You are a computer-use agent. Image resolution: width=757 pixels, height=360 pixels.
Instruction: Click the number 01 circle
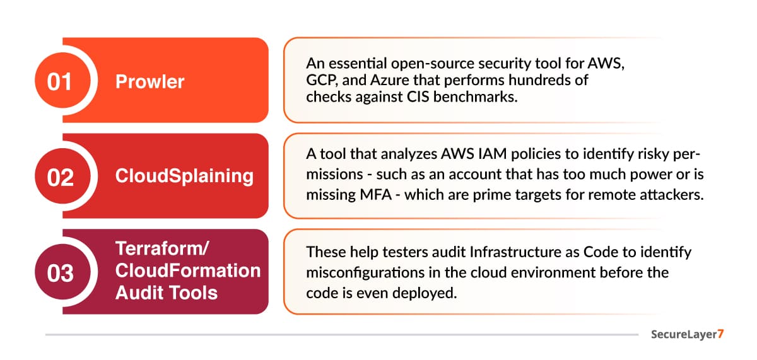point(63,80)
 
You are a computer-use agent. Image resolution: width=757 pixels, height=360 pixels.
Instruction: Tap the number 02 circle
point(63,176)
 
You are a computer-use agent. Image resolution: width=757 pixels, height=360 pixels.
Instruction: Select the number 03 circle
point(63,272)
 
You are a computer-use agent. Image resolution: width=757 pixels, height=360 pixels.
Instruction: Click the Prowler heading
point(150,81)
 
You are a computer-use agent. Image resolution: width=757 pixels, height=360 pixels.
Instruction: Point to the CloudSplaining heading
point(184,176)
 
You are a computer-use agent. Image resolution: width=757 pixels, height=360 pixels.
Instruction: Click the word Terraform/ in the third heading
point(162,248)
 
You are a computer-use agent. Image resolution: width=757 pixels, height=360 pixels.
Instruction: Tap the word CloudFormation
point(188,270)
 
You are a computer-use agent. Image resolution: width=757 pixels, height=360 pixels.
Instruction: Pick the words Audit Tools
point(167,293)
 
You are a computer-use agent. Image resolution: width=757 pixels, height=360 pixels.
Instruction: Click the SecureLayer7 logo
point(687,334)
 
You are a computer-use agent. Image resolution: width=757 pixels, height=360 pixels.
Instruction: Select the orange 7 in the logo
point(720,334)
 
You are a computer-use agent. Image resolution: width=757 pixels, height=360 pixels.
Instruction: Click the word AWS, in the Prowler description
point(606,64)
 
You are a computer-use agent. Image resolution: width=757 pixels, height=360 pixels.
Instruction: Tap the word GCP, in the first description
point(322,80)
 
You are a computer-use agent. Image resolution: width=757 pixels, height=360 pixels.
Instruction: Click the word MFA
point(375,195)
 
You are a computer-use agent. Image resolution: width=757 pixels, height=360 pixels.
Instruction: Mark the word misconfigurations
point(365,273)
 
